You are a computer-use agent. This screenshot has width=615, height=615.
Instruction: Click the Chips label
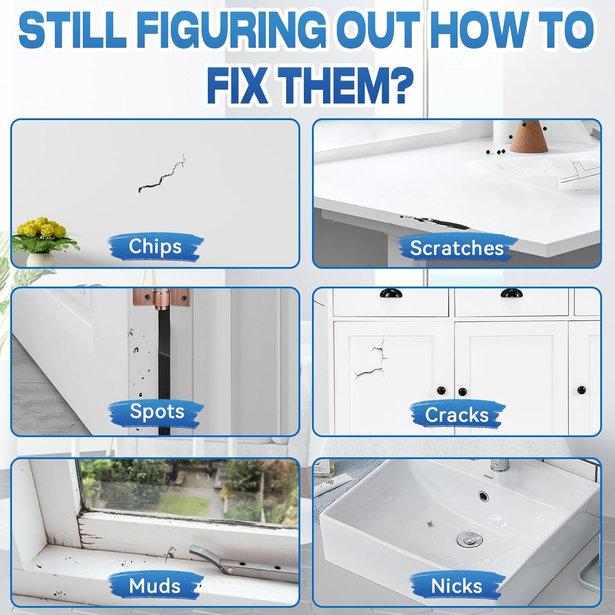(155, 246)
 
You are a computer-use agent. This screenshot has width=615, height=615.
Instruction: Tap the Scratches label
(457, 248)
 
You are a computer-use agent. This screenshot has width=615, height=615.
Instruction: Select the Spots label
(157, 411)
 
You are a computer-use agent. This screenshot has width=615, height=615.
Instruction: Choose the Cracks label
(457, 415)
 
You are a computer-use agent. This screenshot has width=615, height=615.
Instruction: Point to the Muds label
(155, 586)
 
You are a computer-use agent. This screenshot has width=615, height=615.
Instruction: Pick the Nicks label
(456, 586)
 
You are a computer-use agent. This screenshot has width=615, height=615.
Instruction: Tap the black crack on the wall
(162, 174)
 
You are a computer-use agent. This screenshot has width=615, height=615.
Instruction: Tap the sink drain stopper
(470, 538)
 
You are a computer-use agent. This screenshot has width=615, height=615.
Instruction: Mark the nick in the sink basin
(430, 524)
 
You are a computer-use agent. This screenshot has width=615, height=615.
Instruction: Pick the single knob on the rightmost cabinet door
(582, 389)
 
